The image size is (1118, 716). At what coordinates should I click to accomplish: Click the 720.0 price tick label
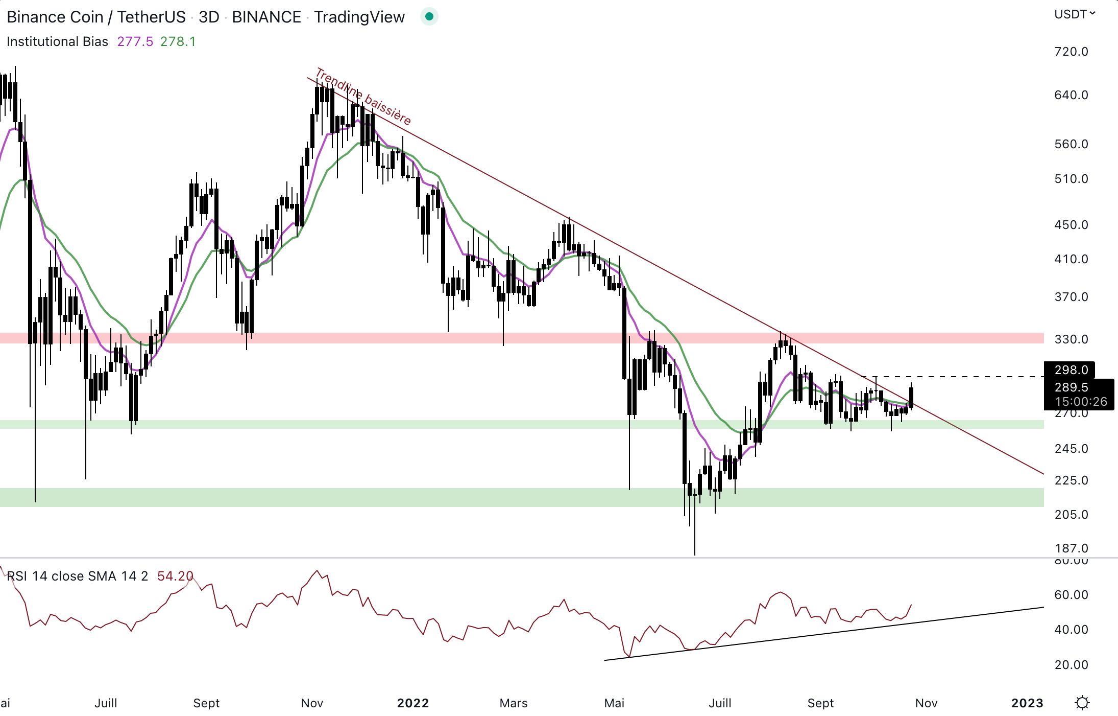(x=1071, y=52)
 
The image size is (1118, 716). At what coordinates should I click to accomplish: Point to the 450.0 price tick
(x=1071, y=225)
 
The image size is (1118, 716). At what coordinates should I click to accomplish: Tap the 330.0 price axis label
(x=1071, y=339)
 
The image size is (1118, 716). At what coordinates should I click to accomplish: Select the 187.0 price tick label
(x=1071, y=548)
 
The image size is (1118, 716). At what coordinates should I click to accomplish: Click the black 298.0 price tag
(x=1071, y=370)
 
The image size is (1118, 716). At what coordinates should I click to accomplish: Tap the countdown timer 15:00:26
(x=1081, y=402)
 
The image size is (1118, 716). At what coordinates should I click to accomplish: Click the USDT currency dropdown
(x=1074, y=14)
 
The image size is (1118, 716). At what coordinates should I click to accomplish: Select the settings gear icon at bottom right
(x=1082, y=703)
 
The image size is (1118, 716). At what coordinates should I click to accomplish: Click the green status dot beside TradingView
(x=429, y=17)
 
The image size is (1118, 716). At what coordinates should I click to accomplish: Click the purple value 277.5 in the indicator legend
(x=135, y=41)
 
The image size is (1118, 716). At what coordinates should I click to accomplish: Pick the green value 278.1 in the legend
(x=178, y=41)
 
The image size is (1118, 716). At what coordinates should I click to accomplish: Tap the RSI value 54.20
(x=175, y=576)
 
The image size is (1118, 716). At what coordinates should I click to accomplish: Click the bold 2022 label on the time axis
(x=413, y=703)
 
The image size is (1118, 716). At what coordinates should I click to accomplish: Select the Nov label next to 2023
(x=926, y=703)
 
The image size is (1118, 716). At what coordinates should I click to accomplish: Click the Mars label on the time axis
(x=514, y=703)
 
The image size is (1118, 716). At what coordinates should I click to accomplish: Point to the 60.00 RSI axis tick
(x=1071, y=595)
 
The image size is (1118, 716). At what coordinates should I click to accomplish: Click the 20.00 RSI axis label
(x=1071, y=665)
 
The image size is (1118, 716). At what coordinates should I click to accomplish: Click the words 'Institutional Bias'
(x=57, y=41)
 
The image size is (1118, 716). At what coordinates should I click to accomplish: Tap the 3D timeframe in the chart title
(x=209, y=17)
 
